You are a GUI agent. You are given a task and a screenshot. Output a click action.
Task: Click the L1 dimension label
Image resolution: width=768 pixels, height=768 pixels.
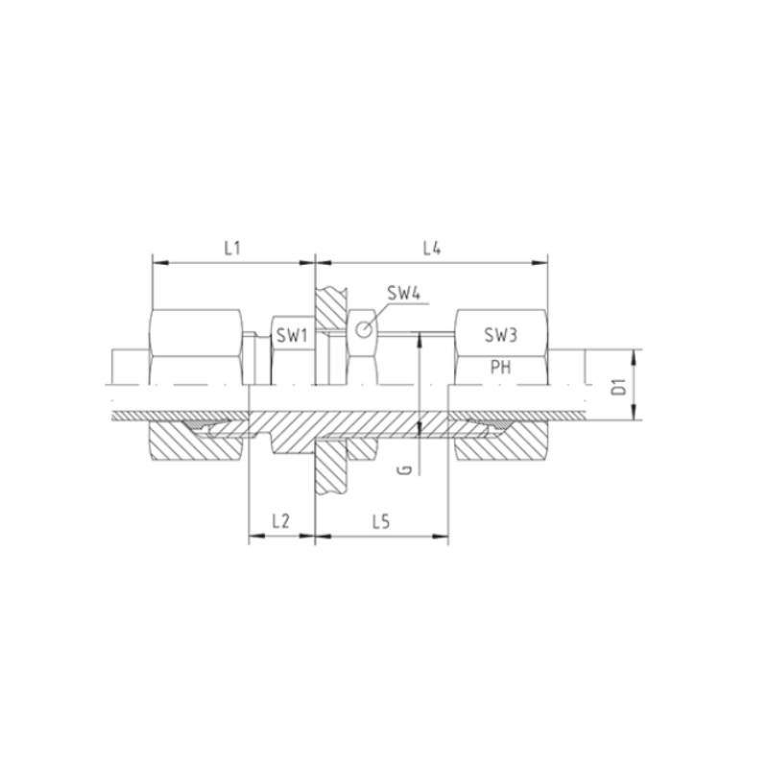tap(232, 249)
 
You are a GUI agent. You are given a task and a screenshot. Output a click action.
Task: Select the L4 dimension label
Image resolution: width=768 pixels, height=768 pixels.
tap(432, 249)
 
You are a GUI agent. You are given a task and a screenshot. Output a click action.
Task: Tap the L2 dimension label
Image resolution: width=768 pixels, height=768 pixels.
tap(280, 521)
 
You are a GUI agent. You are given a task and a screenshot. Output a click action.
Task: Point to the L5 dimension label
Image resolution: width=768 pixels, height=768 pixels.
tap(380, 522)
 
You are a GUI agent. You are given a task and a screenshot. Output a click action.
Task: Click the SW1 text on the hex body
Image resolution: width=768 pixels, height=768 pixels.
tap(292, 336)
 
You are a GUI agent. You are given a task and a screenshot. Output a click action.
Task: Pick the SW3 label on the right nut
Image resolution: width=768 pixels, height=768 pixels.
tap(500, 335)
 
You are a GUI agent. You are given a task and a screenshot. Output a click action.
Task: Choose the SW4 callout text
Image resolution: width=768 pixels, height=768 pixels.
tap(404, 294)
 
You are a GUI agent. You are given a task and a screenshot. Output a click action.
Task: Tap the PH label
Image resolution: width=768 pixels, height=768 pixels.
tap(500, 367)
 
